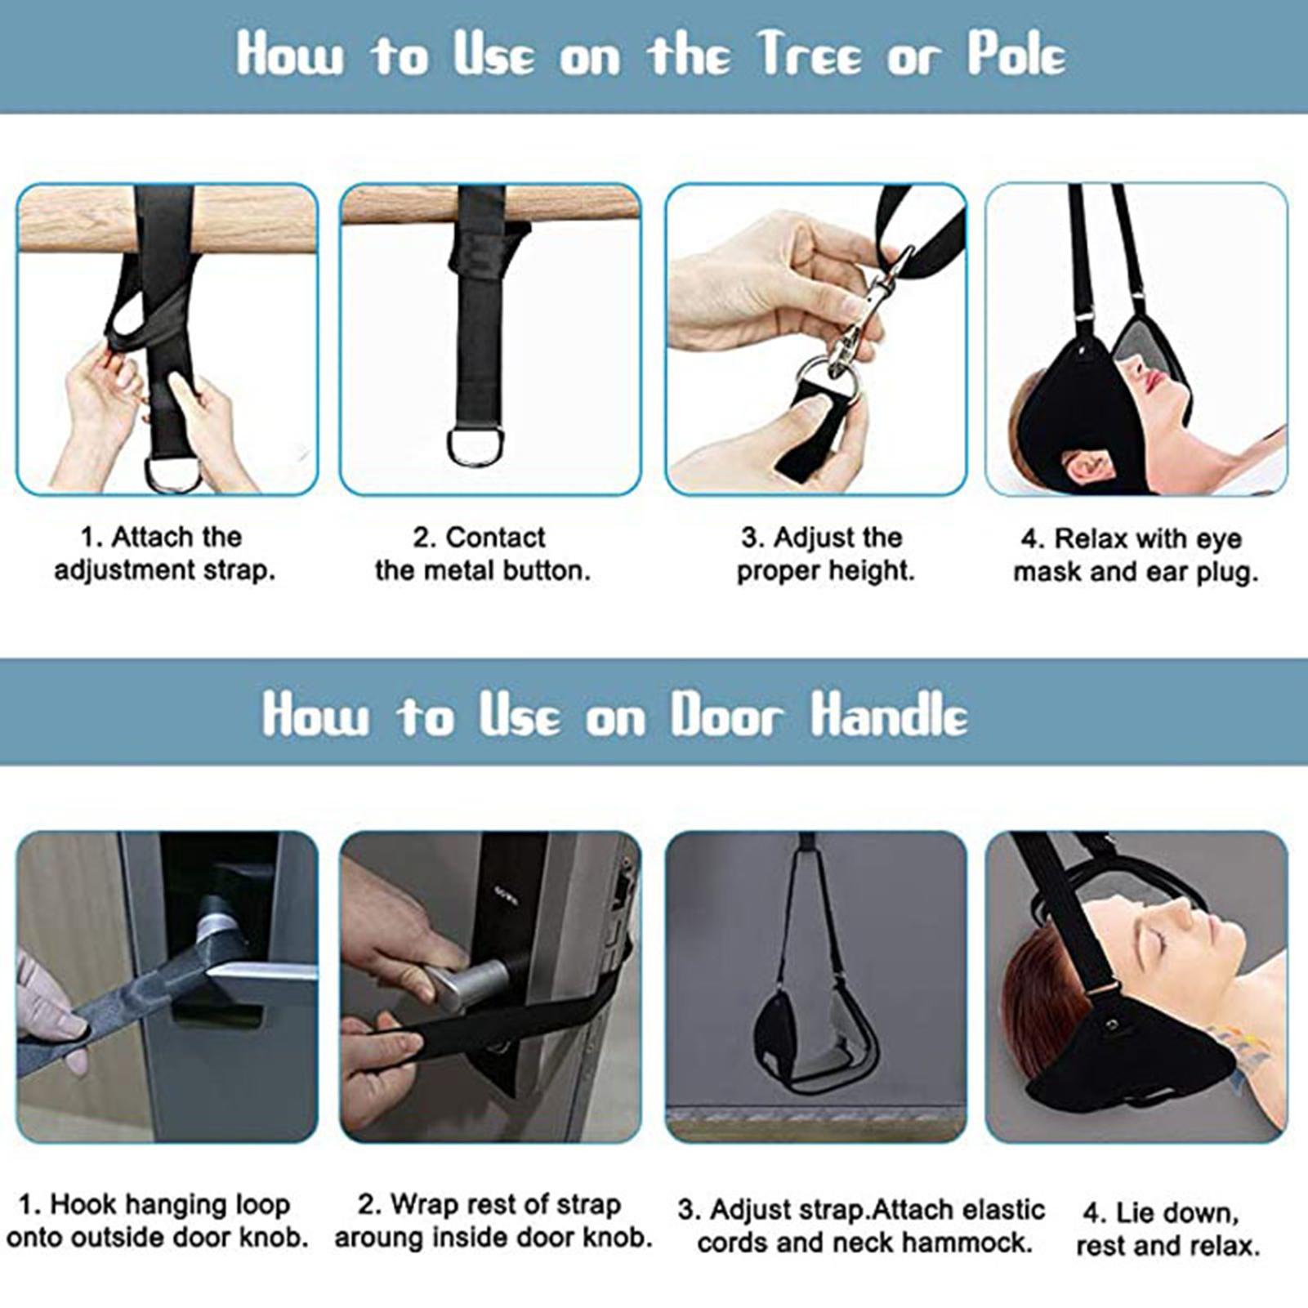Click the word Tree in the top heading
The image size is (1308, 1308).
pyautogui.click(x=809, y=55)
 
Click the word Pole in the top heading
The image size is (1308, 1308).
pyautogui.click(x=1017, y=55)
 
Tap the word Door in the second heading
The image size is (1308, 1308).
pyautogui.click(x=726, y=716)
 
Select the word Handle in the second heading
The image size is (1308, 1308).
pyautogui.click(x=890, y=714)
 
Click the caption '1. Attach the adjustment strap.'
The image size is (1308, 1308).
pyautogui.click(x=164, y=553)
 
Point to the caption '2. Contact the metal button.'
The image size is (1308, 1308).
pyautogui.click(x=482, y=553)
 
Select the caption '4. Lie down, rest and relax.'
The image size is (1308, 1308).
pyautogui.click(x=1167, y=1229)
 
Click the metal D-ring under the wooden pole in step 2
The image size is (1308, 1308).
pyautogui.click(x=475, y=447)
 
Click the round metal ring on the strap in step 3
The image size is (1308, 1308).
pyautogui.click(x=830, y=381)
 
